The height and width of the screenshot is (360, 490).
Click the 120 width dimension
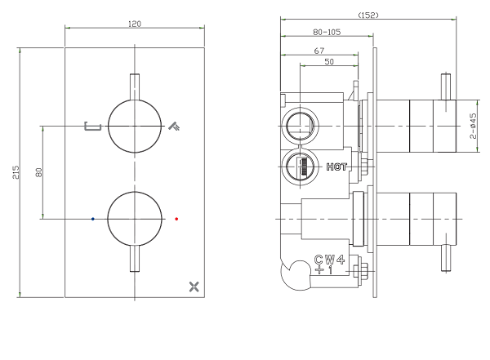[x=135, y=23]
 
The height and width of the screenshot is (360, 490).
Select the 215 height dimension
[x=16, y=172]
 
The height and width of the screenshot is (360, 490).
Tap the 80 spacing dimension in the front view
[x=38, y=172]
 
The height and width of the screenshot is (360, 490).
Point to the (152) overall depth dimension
[x=368, y=15]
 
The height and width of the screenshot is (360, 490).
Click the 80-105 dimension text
[x=327, y=33]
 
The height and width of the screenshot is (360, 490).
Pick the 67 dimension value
[x=319, y=51]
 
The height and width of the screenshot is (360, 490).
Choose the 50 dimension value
[x=328, y=62]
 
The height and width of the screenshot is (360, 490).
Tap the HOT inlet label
[x=337, y=167]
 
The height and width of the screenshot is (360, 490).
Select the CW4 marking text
[x=331, y=260]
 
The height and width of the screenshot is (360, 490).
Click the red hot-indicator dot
[x=177, y=219]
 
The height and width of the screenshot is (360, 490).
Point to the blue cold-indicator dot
[x=93, y=219]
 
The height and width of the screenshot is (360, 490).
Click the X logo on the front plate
[x=194, y=286]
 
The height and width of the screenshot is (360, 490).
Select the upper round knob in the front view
[x=135, y=127]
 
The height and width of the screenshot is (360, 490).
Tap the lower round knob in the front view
[x=135, y=219]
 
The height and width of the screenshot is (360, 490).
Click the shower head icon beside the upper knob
[x=172, y=126]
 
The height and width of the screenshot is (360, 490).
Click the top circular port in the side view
[x=300, y=126]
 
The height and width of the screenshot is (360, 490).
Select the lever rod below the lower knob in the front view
[x=135, y=260]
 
